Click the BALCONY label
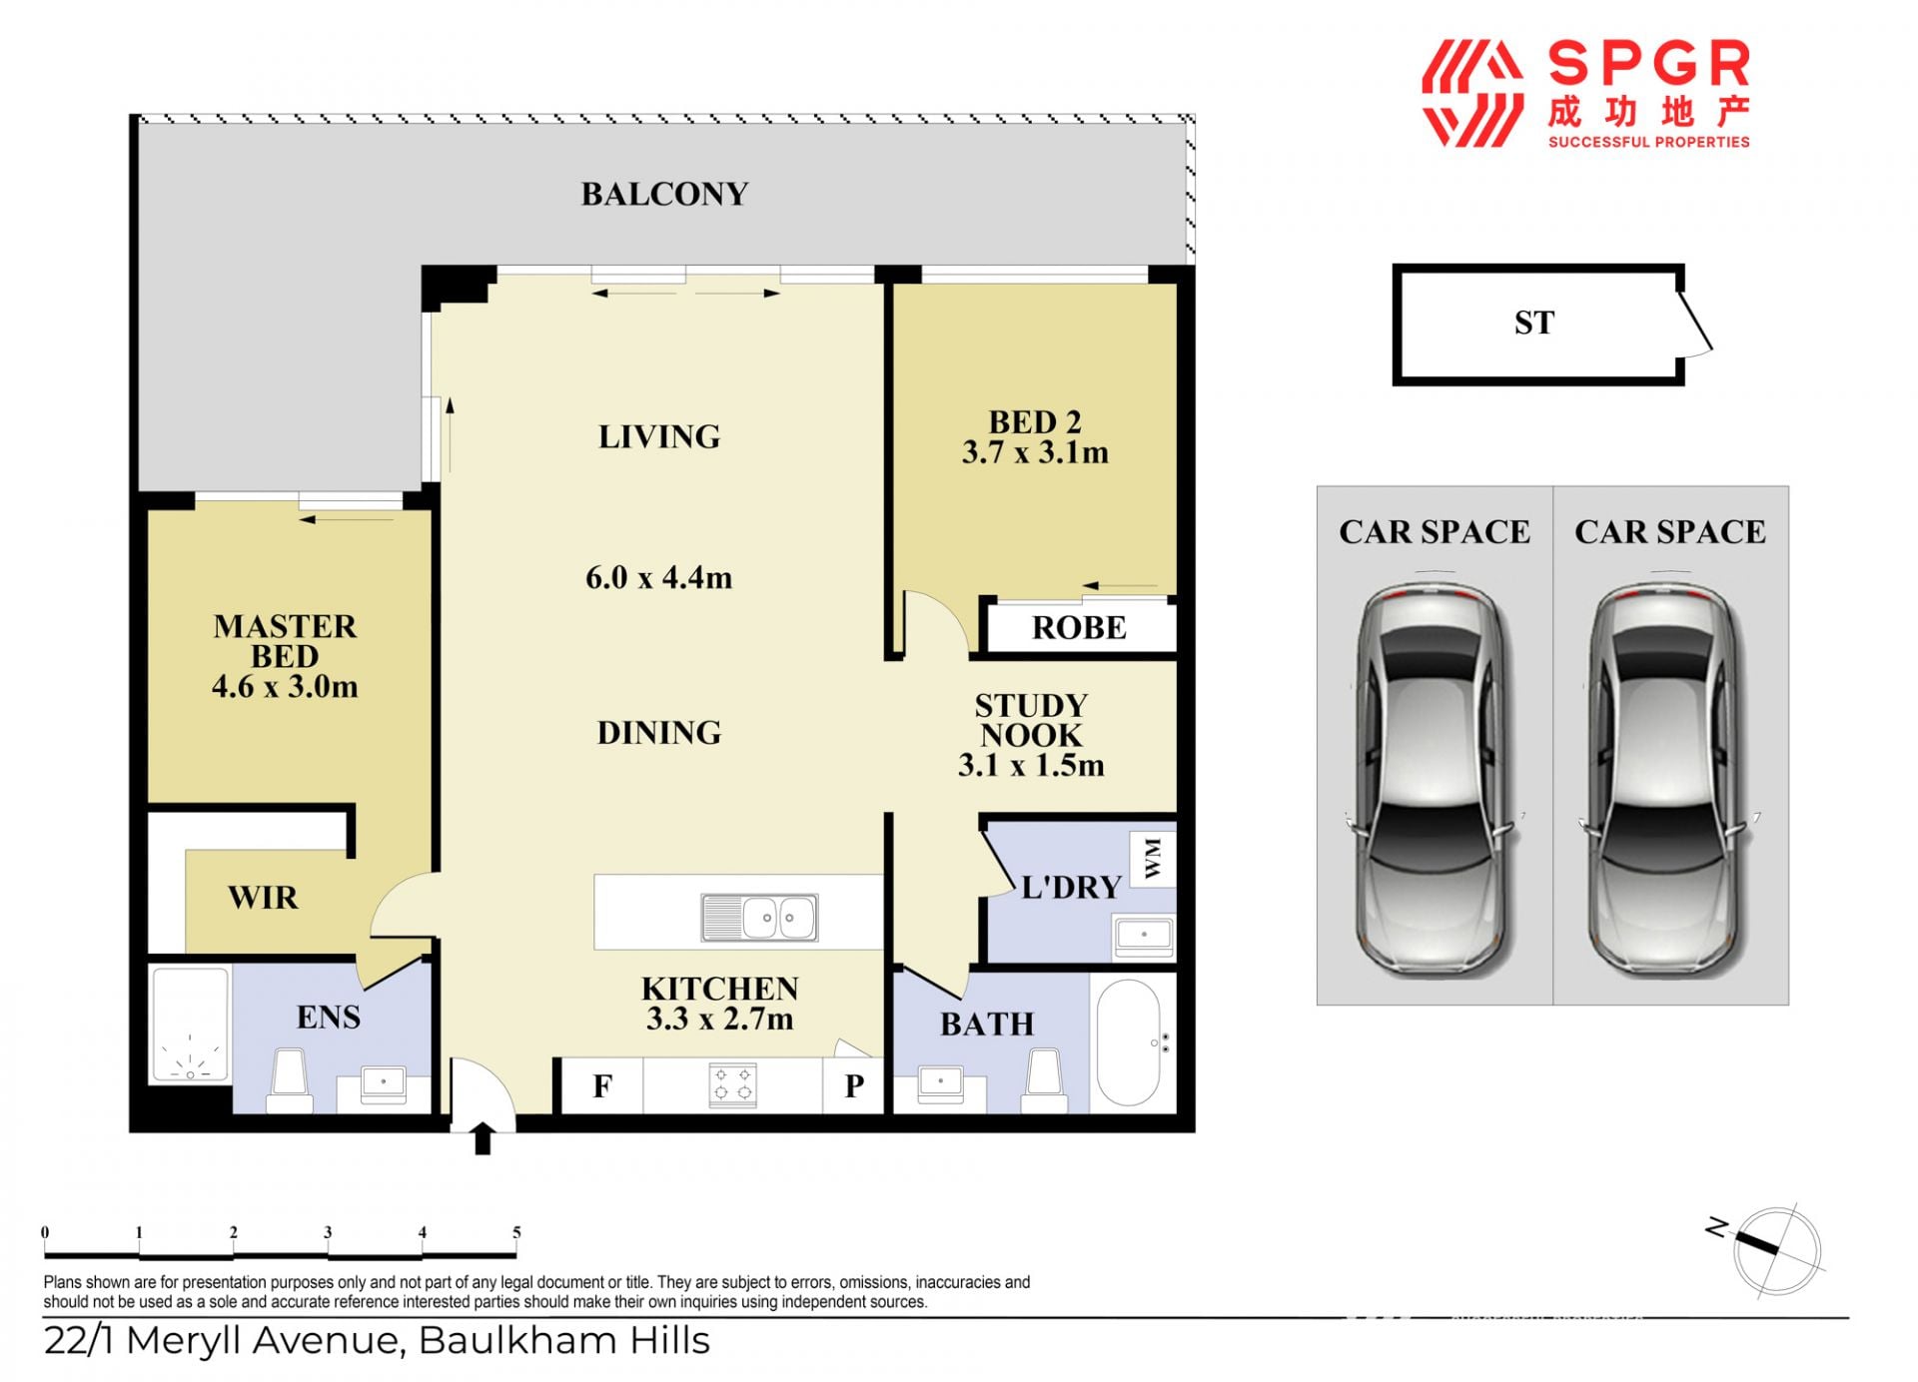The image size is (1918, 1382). [664, 194]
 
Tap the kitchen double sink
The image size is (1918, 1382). [760, 917]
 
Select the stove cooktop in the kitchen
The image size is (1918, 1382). [732, 1085]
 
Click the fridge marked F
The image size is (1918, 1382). [601, 1085]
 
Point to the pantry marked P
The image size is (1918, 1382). [854, 1085]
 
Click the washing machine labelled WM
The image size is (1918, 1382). [1153, 859]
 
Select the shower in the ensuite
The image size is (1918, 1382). [190, 1025]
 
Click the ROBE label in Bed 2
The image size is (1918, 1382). [1079, 628]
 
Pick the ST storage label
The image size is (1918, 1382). [1534, 323]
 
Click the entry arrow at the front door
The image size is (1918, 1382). [482, 1137]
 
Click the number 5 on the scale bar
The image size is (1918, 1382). [516, 1232]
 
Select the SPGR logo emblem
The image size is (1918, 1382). [1472, 94]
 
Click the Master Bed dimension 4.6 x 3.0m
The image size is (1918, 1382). [285, 687]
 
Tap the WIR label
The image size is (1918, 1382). [263, 898]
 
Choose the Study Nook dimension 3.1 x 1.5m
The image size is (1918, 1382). [1031, 766]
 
